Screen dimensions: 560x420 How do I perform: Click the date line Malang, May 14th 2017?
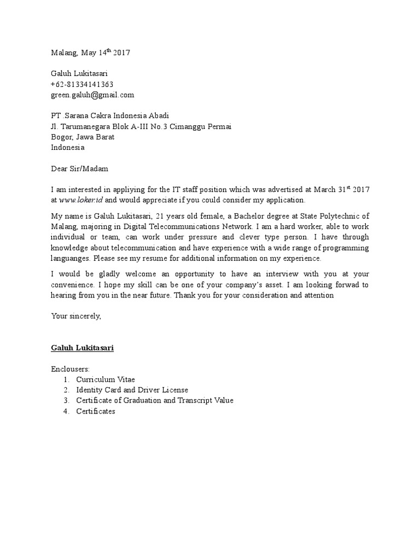pos(91,53)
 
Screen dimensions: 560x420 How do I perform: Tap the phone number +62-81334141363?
pos(82,84)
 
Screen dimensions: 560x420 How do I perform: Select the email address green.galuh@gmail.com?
pos(92,95)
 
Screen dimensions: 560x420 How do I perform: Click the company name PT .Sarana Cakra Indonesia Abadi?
pos(110,116)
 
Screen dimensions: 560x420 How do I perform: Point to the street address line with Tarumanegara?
pos(141,126)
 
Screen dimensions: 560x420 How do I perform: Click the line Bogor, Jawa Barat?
pos(83,137)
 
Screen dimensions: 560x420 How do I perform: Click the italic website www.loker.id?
pos(80,201)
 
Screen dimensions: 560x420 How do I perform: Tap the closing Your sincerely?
pos(76,316)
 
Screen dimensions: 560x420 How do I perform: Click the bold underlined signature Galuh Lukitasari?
pos(83,348)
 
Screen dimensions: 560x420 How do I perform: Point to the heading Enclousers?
pos(74,369)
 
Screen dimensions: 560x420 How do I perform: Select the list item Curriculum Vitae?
pos(105,380)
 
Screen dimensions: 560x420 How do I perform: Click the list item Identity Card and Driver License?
pos(132,390)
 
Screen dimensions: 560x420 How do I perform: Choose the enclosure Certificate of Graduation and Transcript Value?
pos(155,400)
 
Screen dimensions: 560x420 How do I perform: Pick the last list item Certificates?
pos(96,411)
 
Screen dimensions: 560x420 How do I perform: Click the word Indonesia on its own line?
pos(68,147)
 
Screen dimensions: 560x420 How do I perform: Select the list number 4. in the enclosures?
pos(66,411)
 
